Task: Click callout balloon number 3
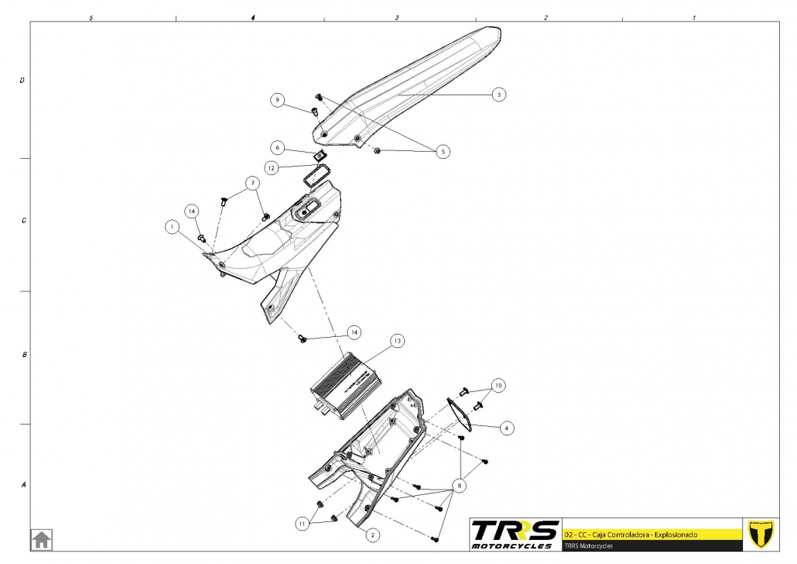(499, 94)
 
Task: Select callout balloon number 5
(443, 151)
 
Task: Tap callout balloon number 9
(278, 100)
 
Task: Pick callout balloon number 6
(277, 147)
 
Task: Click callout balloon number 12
(271, 167)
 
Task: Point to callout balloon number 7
(251, 184)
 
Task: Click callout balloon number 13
(397, 340)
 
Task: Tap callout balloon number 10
(498, 385)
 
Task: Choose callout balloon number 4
(506, 427)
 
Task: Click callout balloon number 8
(460, 487)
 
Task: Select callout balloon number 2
(372, 535)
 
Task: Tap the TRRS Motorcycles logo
(515, 534)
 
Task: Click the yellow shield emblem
(762, 534)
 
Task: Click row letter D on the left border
(22, 80)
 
